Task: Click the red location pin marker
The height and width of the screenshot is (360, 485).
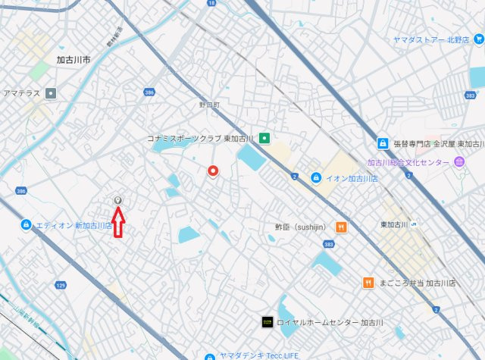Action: (214, 171)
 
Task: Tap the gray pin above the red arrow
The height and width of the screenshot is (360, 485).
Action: (117, 201)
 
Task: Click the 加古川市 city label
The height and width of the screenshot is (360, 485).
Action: (74, 59)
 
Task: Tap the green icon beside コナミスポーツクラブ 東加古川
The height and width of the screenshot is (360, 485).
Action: (264, 139)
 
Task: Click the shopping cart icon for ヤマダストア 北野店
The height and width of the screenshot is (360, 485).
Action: (478, 39)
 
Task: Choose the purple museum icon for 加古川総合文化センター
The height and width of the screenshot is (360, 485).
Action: (459, 162)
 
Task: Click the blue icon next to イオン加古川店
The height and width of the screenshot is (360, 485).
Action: (315, 178)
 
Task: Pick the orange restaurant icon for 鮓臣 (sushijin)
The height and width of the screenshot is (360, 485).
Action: (341, 226)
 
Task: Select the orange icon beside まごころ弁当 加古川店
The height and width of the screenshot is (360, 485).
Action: (368, 283)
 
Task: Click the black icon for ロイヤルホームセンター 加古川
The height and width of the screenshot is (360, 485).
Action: (267, 322)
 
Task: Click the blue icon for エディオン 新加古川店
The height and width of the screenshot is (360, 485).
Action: (26, 225)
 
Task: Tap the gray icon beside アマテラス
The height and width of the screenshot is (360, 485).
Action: (51, 94)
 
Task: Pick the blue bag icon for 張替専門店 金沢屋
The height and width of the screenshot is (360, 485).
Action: (383, 143)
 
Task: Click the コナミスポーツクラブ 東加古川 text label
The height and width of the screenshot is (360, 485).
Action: (201, 139)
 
